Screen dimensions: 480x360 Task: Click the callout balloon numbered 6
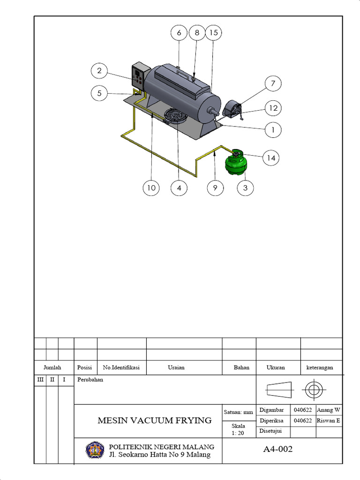tap(179, 33)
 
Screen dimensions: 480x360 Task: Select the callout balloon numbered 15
tap(213, 33)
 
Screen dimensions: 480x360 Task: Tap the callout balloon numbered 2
tap(99, 71)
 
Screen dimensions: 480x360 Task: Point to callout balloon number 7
tap(273, 84)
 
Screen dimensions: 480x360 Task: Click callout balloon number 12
tap(273, 108)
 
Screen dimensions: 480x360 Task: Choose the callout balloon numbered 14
tap(271, 158)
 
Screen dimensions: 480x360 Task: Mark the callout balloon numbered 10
tap(151, 188)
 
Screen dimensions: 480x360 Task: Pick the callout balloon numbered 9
tap(215, 188)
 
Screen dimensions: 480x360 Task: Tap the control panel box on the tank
tap(140, 76)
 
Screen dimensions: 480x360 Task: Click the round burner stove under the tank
tap(174, 115)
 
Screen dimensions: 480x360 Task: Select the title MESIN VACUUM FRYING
tap(154, 420)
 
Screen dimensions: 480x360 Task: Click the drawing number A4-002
tap(277, 449)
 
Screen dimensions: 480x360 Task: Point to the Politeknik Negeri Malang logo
tap(95, 450)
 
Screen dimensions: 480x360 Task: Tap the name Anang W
tap(329, 410)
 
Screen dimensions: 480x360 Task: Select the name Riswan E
tap(329, 420)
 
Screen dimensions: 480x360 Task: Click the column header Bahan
tap(241, 367)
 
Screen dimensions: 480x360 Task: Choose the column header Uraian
tap(176, 367)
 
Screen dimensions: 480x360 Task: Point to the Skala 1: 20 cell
tap(238, 430)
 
